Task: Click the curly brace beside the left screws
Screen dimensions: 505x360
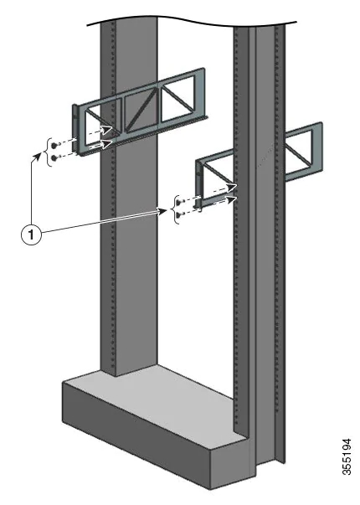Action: pyautogui.click(x=46, y=149)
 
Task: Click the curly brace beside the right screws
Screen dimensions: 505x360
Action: pyautogui.click(x=174, y=209)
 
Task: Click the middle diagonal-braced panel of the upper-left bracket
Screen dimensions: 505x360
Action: pyautogui.click(x=143, y=110)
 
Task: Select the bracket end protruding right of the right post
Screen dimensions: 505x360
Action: pyautogui.click(x=303, y=153)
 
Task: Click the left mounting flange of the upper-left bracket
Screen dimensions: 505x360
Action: pyautogui.click(x=78, y=129)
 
